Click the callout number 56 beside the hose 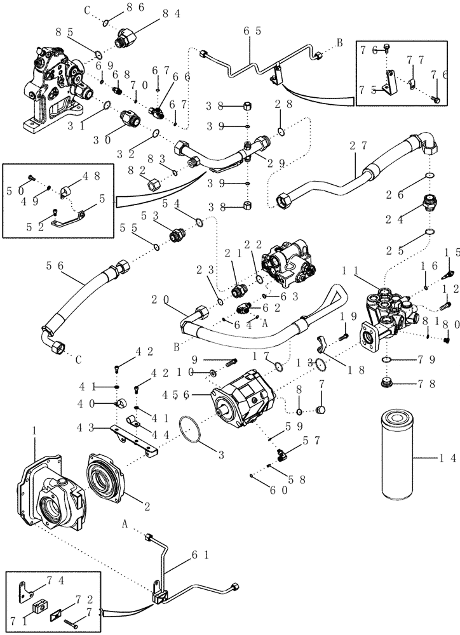(x=55, y=266)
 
